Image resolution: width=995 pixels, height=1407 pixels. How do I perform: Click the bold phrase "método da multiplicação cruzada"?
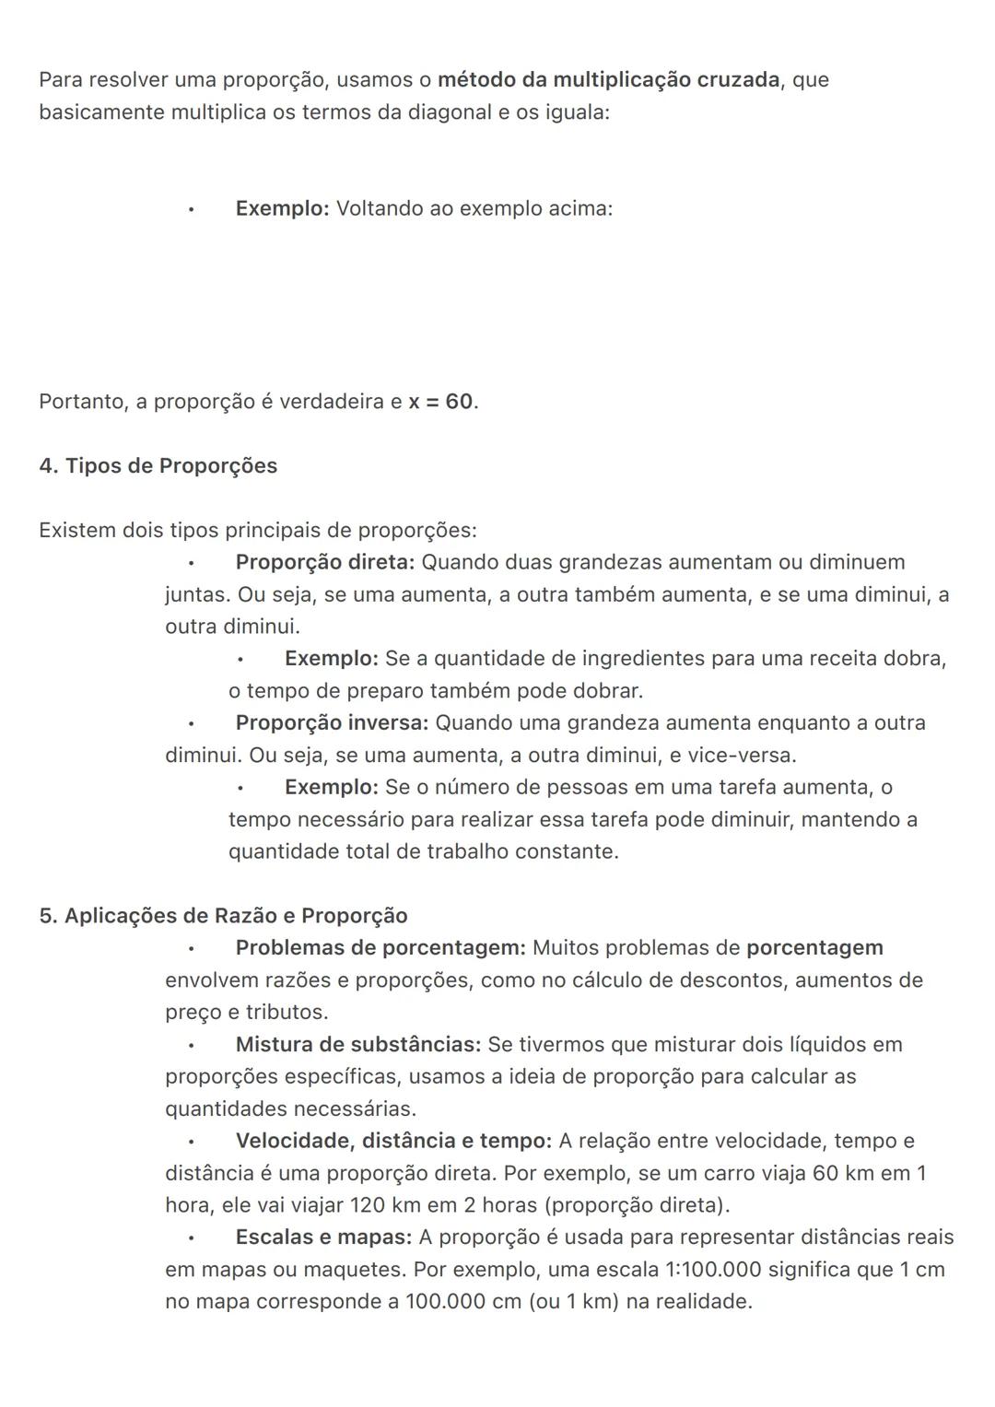(608, 80)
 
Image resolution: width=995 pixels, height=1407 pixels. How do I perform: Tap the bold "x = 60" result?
(441, 402)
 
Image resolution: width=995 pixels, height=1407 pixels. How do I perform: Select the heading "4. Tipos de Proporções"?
(158, 466)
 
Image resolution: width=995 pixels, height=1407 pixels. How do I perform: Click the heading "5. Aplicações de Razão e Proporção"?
(223, 916)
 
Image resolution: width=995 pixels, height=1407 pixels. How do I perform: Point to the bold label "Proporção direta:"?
(325, 562)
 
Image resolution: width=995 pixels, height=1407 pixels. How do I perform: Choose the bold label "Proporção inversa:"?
(332, 723)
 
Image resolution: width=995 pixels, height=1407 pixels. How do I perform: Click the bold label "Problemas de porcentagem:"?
(380, 948)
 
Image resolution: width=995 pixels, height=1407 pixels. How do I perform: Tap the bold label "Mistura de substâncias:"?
(358, 1045)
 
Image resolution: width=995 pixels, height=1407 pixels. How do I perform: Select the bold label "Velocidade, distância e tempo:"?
(393, 1141)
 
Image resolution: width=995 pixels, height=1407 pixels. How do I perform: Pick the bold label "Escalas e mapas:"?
(323, 1237)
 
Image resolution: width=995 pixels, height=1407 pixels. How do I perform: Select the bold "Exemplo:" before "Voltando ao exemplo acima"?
(282, 209)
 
